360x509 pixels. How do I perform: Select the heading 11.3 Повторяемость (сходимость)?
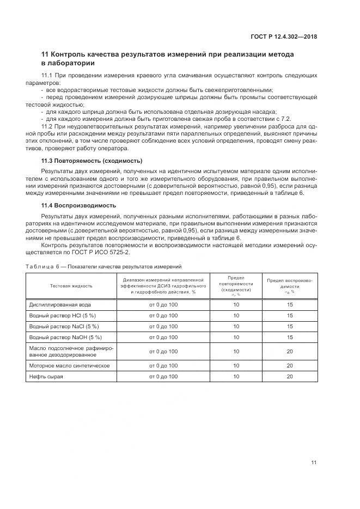[91, 161]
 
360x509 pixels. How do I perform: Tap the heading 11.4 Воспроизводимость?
[80, 205]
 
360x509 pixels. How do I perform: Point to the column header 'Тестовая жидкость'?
[71, 285]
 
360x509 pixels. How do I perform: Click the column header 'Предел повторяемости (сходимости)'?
[236, 284]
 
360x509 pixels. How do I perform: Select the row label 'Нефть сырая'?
[46, 377]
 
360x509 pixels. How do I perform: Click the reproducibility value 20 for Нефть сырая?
[290, 377]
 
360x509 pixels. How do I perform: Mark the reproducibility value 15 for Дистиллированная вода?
[290, 305]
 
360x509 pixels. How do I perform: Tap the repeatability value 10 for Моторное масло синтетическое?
[236, 366]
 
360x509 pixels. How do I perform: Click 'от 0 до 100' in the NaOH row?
[163, 338]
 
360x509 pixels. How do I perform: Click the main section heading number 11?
[46, 54]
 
